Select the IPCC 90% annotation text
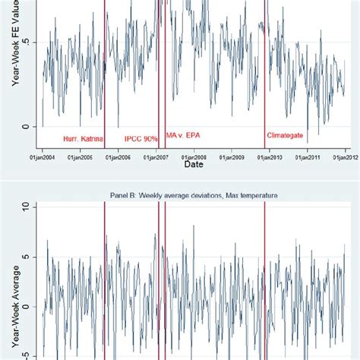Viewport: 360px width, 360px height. (141, 138)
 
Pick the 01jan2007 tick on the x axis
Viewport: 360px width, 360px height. (156, 157)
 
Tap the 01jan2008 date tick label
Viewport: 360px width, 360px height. (194, 157)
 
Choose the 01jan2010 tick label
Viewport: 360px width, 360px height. (270, 157)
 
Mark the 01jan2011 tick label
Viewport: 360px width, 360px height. (308, 157)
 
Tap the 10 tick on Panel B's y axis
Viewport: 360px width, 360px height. (26, 207)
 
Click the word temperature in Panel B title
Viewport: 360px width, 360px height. (255, 196)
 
